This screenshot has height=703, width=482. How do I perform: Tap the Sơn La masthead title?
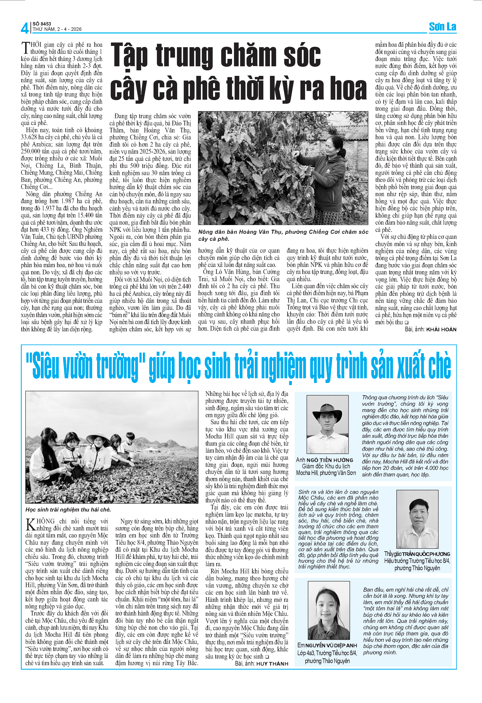(x=442, y=27)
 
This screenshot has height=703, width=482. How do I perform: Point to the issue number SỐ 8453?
(x=42, y=24)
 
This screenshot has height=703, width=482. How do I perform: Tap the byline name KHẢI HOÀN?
(x=441, y=329)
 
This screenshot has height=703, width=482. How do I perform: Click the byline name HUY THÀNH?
(x=272, y=664)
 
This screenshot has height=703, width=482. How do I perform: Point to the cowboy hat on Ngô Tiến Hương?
(x=327, y=410)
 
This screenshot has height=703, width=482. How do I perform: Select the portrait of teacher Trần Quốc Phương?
(x=417, y=519)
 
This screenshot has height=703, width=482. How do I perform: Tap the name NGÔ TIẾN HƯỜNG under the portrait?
(x=330, y=460)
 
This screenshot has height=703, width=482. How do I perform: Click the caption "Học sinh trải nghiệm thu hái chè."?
(x=68, y=510)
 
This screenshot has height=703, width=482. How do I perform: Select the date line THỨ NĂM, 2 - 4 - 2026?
(x=57, y=29)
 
